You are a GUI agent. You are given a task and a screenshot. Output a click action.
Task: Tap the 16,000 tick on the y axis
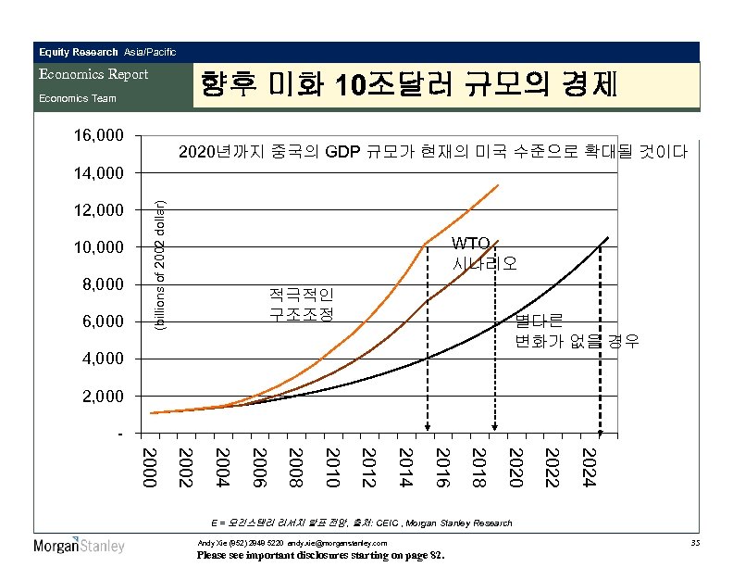click(x=97, y=136)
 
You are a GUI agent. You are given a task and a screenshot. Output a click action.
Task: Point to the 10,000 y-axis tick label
click(x=97, y=247)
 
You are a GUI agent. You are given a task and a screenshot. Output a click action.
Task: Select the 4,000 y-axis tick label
click(x=97, y=359)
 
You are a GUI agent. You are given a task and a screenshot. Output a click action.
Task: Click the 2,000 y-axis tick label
click(x=97, y=396)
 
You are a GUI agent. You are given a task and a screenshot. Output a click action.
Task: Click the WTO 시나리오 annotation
click(x=484, y=253)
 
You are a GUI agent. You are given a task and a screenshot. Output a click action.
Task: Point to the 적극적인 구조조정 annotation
click(x=299, y=304)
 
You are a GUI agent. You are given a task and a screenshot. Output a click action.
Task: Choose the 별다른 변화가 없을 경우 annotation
click(x=576, y=331)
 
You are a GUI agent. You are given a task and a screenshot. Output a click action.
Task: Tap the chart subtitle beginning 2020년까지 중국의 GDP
click(x=432, y=151)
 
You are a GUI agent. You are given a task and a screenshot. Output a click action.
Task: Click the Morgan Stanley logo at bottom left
click(x=79, y=545)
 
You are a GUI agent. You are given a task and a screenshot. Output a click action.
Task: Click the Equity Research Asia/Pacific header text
click(x=106, y=52)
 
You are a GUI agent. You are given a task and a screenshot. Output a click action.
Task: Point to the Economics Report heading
click(x=93, y=74)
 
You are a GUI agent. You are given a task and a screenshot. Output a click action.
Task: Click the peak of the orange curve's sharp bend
click(x=426, y=245)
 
